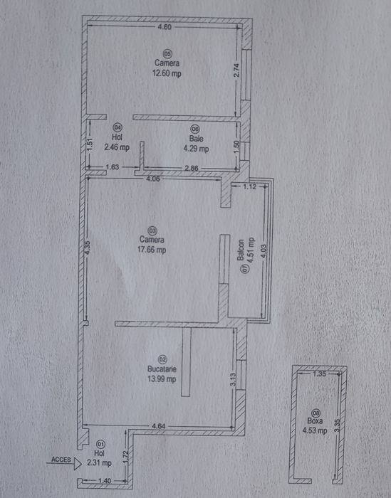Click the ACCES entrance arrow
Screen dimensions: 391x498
coord(63,463)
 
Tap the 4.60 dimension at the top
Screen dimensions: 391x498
coord(165,27)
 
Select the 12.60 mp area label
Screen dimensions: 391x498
coord(167,73)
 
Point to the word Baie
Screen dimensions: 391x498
coord(196,139)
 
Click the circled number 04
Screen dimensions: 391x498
coord(118,127)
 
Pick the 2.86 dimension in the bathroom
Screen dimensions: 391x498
coord(192,168)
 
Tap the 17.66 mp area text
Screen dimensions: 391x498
coord(152,250)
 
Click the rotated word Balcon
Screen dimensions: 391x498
coord(241,250)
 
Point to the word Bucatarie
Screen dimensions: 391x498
coord(162,369)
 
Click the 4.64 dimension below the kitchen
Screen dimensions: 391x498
coord(159,426)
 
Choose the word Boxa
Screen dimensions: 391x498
coord(315,421)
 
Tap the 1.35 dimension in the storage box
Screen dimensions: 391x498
coord(319,374)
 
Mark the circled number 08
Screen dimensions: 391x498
coord(316,413)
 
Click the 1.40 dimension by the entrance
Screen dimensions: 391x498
coord(105,481)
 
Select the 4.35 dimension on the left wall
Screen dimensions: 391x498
coord(88,248)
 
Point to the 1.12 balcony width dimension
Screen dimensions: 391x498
coord(249,186)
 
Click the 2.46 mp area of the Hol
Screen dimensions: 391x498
coord(117,147)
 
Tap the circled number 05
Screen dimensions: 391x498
coord(167,53)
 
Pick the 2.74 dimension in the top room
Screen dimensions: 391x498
coord(236,70)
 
